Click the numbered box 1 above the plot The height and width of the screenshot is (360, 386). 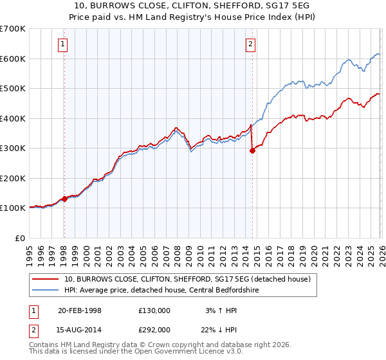tap(63, 44)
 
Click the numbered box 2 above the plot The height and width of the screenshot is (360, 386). tap(250, 44)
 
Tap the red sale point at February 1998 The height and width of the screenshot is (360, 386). tap(64, 199)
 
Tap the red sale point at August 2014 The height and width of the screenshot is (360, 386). tap(252, 151)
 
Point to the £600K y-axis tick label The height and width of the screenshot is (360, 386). tap(13, 59)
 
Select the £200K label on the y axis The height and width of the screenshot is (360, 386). tap(13, 178)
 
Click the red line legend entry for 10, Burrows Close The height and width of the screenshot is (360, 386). tap(187, 279)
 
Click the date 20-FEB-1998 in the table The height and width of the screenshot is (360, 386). tap(79, 310)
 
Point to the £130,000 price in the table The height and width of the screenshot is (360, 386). tap(154, 310)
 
